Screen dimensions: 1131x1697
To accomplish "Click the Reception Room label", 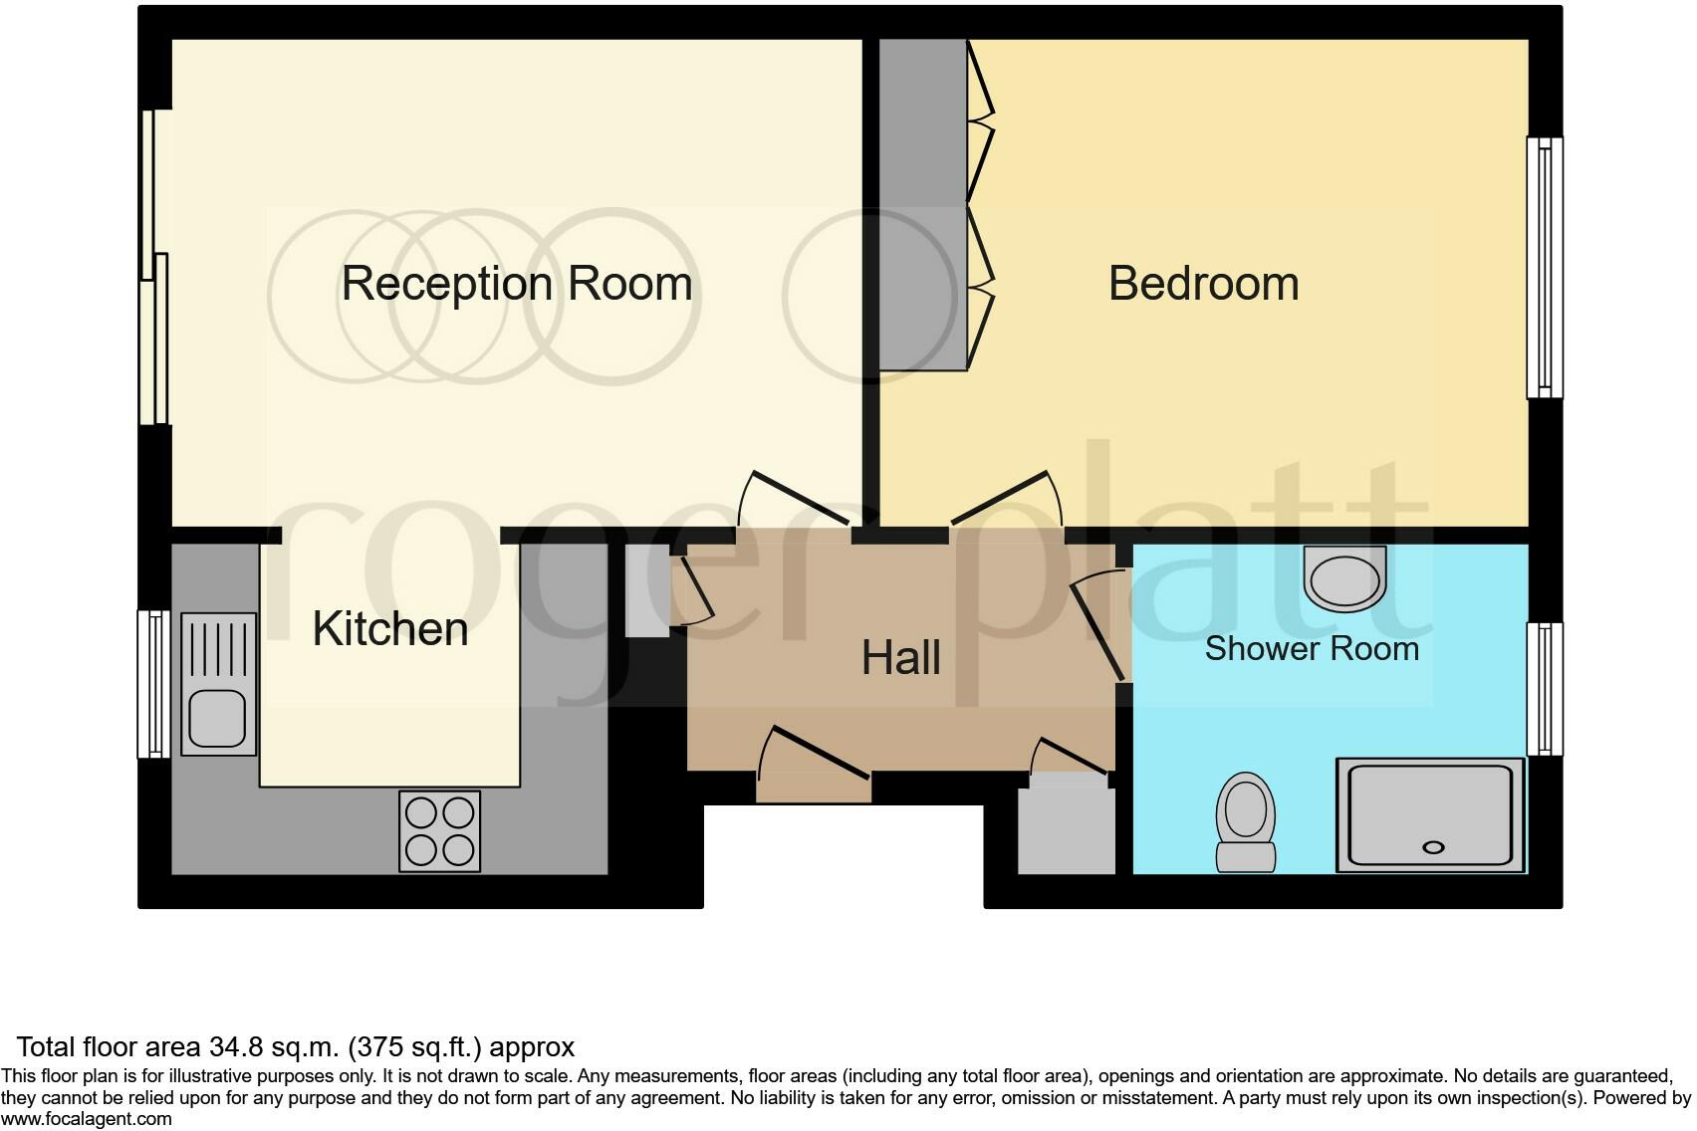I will click(x=516, y=284).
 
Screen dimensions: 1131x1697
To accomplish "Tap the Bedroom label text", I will click(x=1203, y=284).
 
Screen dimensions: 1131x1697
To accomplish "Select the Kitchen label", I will click(x=390, y=629).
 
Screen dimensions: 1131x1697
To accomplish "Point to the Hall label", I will click(x=900, y=658).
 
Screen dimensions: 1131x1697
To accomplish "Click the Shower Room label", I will click(x=1311, y=649).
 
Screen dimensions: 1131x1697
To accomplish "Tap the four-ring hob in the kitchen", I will click(x=439, y=831).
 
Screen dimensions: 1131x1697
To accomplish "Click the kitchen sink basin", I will click(x=218, y=718).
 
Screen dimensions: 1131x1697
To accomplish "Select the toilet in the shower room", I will click(x=1246, y=822).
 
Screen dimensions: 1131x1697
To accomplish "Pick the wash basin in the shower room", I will click(x=1343, y=578).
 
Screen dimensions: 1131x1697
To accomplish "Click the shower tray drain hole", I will click(x=1433, y=847).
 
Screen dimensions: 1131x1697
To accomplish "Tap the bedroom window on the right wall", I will click(x=1545, y=267).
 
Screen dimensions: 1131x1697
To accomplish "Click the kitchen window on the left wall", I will click(x=153, y=683).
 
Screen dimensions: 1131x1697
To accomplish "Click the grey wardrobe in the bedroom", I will click(x=922, y=204).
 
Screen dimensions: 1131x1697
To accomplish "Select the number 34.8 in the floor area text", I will click(x=235, y=1047).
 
